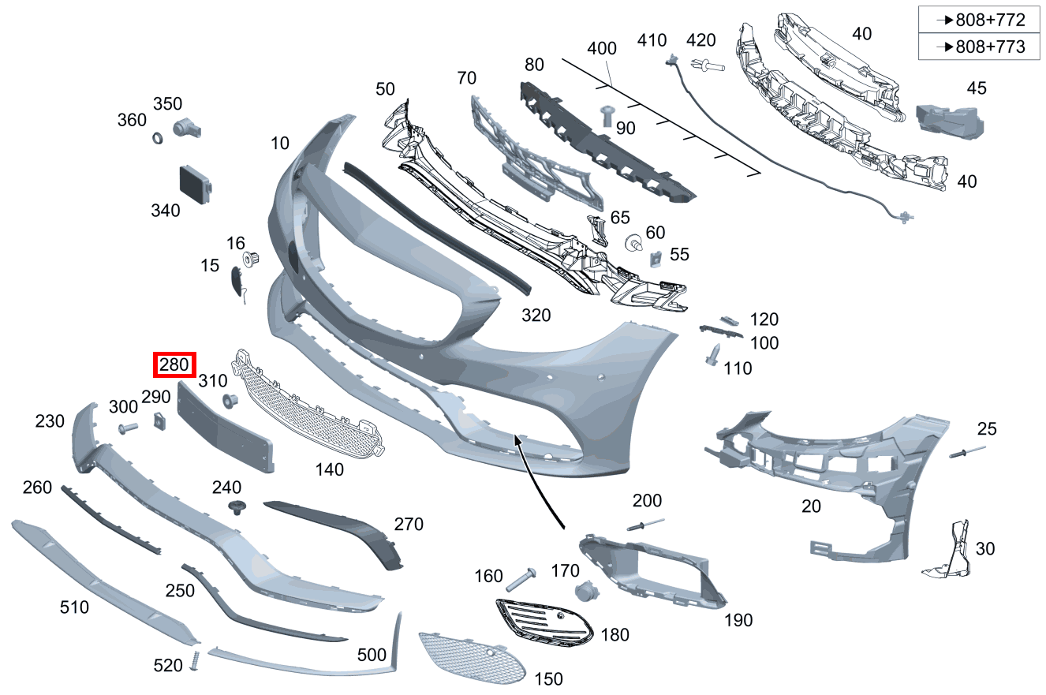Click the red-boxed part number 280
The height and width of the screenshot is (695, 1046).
(174, 364)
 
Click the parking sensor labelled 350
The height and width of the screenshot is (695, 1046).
(187, 128)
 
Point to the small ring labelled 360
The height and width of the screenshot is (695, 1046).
(158, 138)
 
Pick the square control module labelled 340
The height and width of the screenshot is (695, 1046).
(195, 185)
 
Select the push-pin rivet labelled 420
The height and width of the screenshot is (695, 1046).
(708, 65)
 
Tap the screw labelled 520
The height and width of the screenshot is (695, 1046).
(195, 661)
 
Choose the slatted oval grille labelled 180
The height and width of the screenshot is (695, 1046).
(544, 623)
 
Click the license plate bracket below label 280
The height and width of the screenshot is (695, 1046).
(226, 427)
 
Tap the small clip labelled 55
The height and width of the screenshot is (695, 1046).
(656, 259)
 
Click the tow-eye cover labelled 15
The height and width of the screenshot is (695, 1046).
(237, 282)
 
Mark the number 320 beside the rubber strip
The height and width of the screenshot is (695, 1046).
(536, 316)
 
